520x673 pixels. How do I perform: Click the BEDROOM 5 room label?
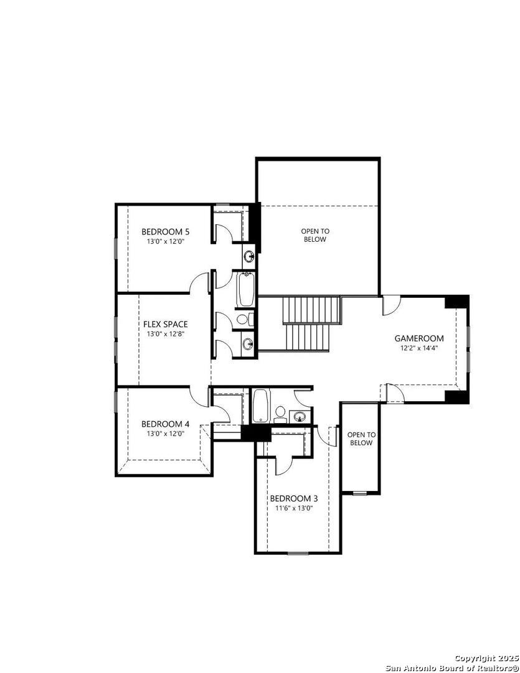[165, 232]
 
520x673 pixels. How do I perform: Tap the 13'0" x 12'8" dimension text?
[165, 334]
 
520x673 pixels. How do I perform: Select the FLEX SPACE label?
[165, 324]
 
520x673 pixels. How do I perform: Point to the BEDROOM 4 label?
[165, 424]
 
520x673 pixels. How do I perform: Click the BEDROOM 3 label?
[293, 499]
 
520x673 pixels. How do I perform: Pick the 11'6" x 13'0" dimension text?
[293, 508]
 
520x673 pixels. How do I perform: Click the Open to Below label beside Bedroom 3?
[361, 439]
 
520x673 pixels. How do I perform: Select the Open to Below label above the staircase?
[314, 235]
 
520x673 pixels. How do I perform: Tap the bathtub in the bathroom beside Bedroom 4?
[260, 406]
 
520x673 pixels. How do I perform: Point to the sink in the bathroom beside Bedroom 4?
[300, 416]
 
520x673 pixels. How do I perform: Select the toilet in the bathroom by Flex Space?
[243, 320]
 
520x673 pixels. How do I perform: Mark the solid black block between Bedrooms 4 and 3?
[256, 432]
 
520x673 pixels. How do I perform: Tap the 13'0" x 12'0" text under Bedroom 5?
[165, 241]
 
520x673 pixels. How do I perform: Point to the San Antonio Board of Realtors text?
[452, 667]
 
